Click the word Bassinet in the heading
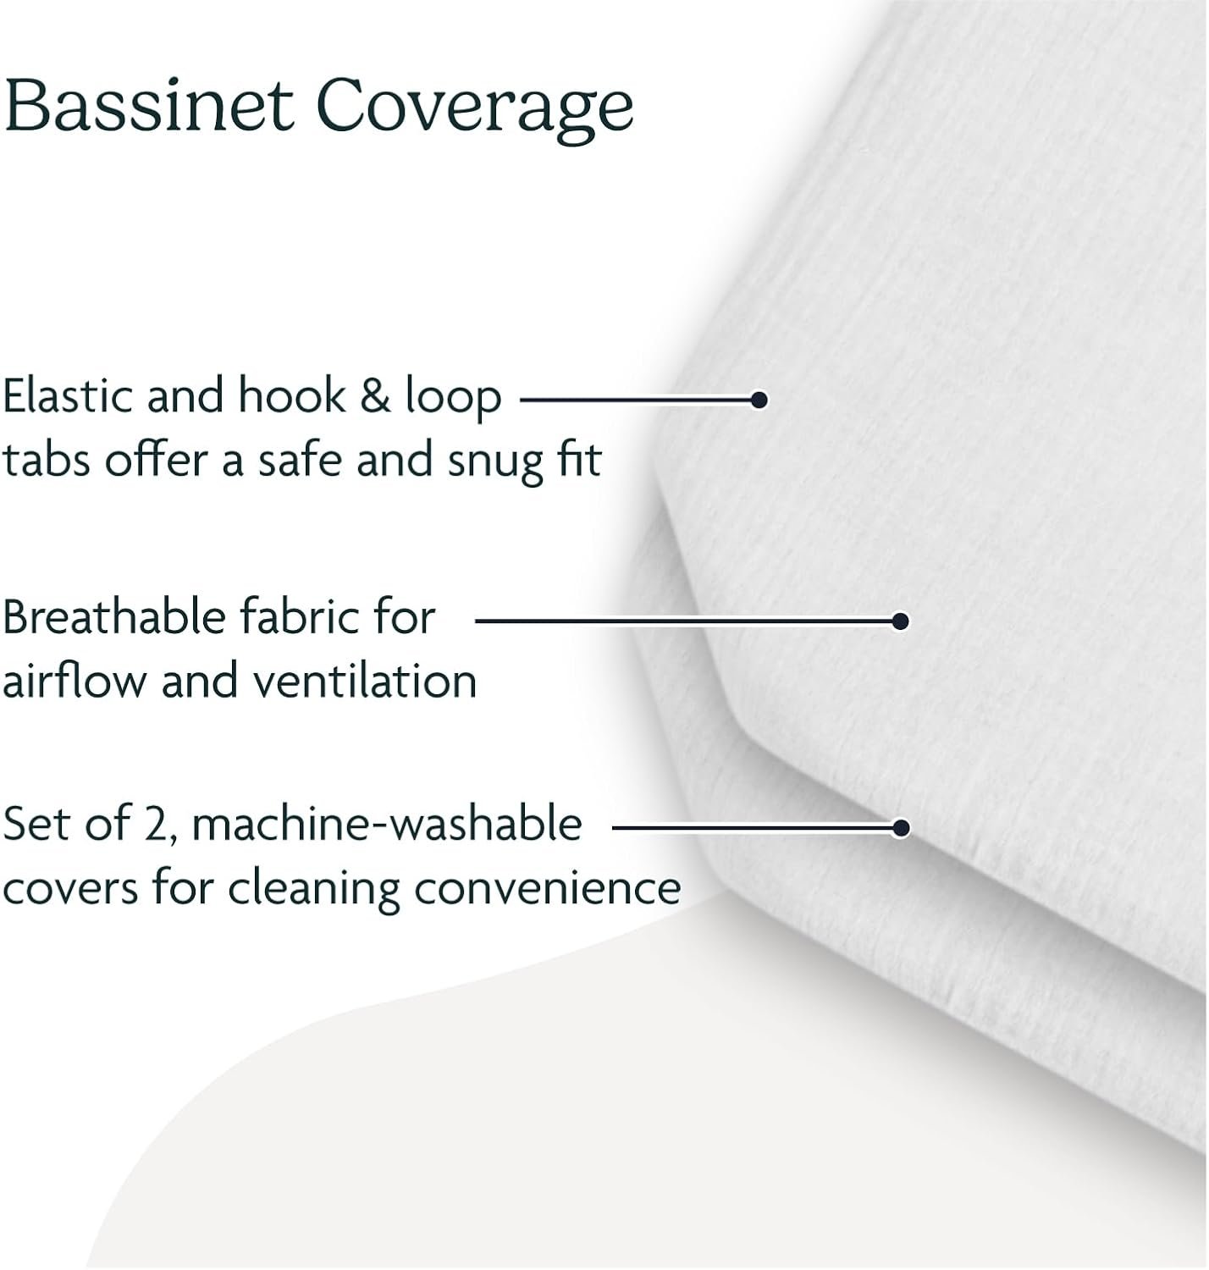(149, 105)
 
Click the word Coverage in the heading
(475, 110)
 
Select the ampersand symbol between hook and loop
(375, 395)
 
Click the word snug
(496, 463)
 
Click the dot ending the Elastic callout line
(759, 400)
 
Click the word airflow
(75, 681)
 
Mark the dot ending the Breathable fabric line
(900, 621)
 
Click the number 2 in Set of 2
(157, 825)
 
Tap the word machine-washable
(387, 824)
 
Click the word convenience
(548, 889)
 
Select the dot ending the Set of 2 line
(900, 828)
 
